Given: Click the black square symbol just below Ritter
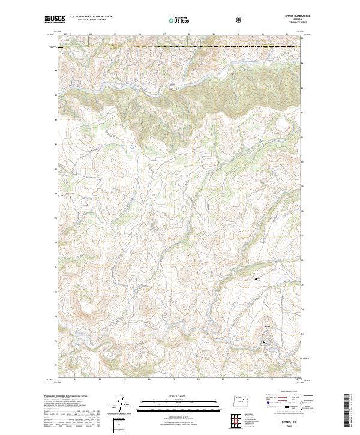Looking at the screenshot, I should point(264,343).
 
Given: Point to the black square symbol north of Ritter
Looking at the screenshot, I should point(257,278).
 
